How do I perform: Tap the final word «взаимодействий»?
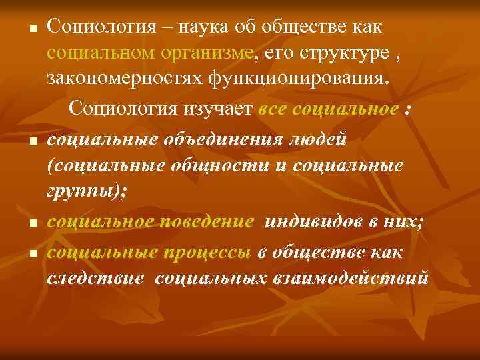tap(349, 277)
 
